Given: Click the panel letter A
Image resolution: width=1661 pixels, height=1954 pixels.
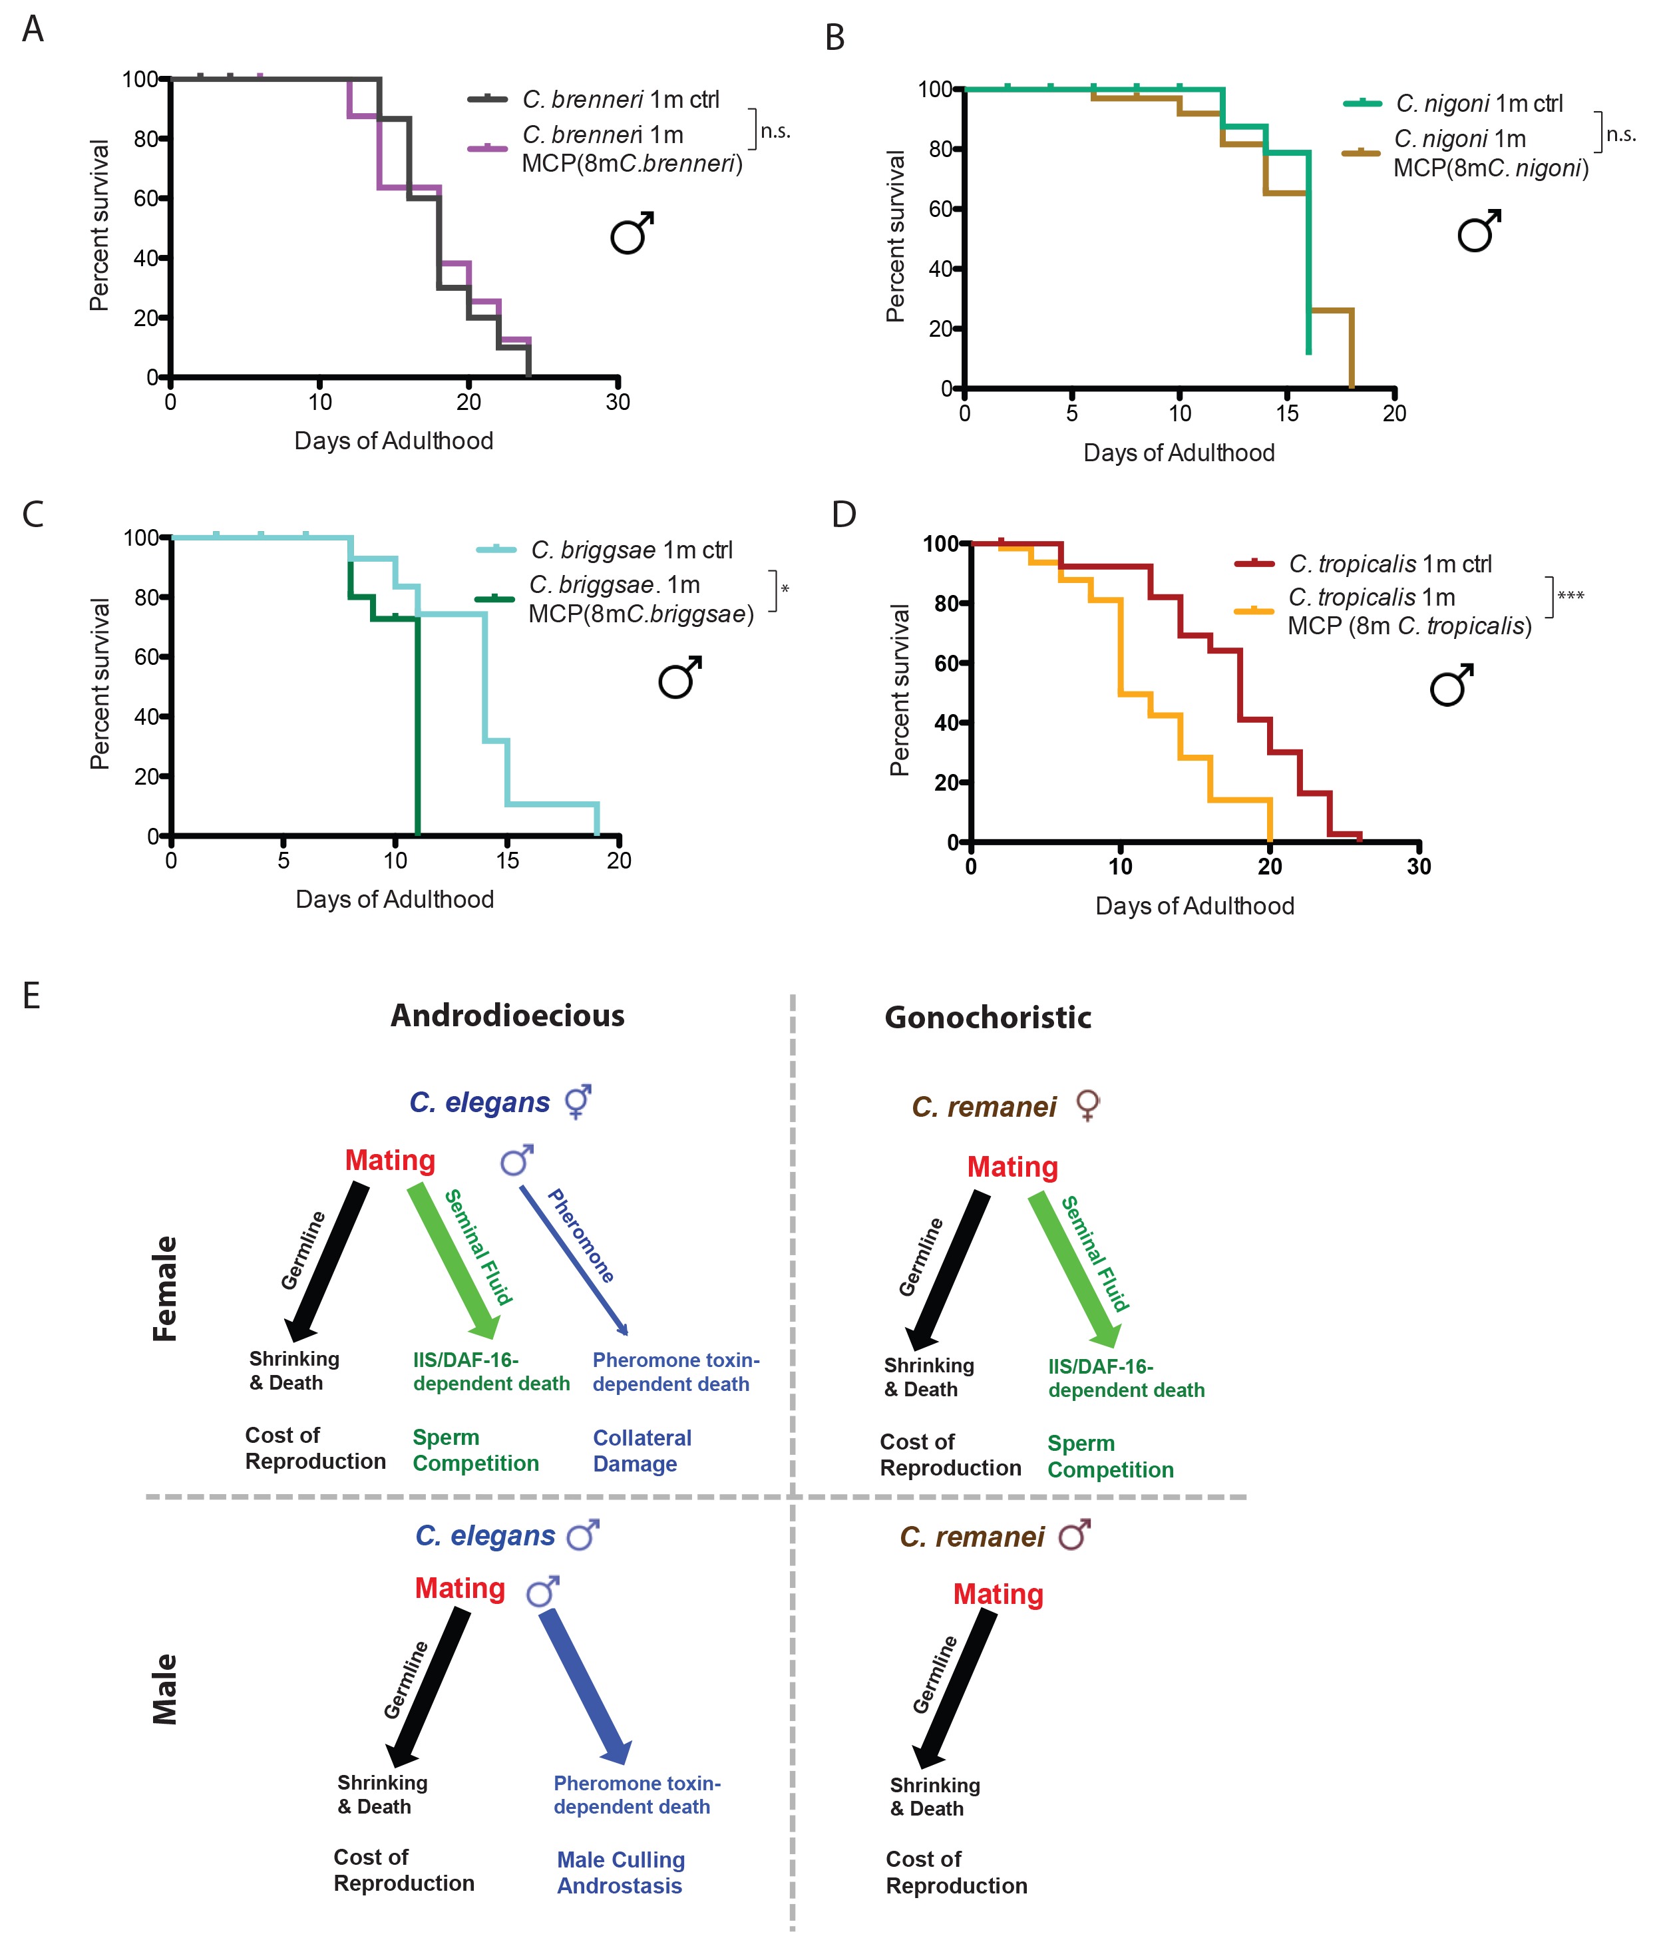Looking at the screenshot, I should [x=33, y=29].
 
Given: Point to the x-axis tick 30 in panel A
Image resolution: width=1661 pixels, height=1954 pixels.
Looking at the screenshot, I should [x=618, y=402].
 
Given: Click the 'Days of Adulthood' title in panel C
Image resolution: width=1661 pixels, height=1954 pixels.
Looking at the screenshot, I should [x=395, y=899].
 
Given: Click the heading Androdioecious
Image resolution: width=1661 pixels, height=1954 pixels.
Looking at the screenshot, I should [x=508, y=1015].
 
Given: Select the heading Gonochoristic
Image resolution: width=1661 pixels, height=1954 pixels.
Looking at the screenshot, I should [x=988, y=1017].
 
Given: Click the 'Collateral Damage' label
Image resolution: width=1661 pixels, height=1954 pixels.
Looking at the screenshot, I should [x=642, y=1450].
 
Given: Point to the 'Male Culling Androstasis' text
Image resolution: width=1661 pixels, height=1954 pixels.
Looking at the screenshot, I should [x=620, y=1872].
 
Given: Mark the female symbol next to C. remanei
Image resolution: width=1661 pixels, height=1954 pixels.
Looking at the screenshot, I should [x=1087, y=1105].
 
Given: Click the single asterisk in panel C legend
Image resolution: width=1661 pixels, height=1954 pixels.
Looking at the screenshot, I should [x=785, y=590].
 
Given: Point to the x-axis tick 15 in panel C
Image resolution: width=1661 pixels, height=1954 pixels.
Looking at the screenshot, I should [x=508, y=861].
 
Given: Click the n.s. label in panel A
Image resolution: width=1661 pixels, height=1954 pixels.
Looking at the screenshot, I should [x=775, y=132].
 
